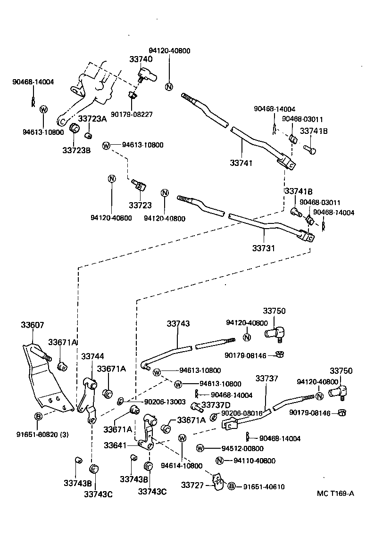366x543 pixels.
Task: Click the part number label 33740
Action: (x=141, y=59)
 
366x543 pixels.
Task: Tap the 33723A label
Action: (x=92, y=119)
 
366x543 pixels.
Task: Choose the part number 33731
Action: (x=263, y=247)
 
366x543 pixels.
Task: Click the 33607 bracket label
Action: (x=33, y=325)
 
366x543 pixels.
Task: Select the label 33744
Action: (x=92, y=356)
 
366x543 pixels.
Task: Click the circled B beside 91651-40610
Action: (x=232, y=486)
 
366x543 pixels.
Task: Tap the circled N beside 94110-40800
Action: (x=219, y=461)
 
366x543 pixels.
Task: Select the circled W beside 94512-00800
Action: (x=200, y=448)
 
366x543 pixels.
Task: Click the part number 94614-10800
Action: (x=182, y=466)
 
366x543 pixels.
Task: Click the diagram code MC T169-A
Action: (x=335, y=494)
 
